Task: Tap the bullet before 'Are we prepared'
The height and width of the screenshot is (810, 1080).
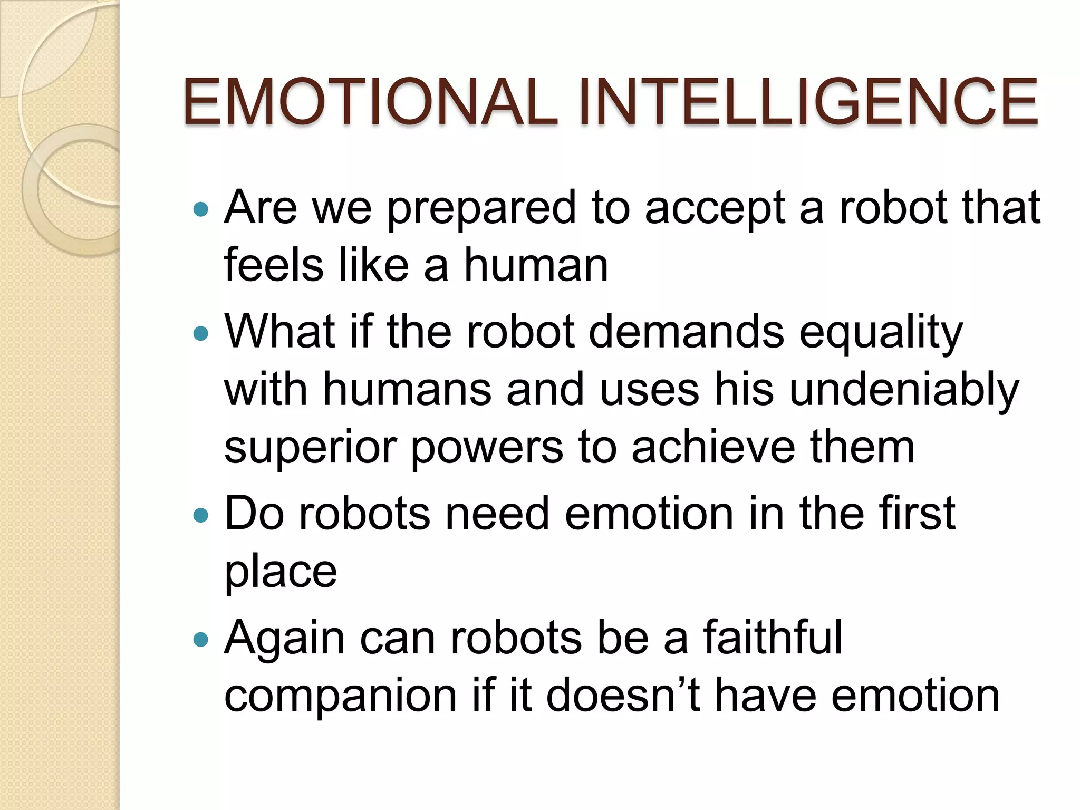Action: (201, 210)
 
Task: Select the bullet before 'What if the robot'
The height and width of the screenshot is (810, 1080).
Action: (201, 333)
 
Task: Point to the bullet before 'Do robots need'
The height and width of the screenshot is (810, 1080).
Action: (201, 515)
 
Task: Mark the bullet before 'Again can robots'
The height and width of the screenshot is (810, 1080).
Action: (201, 639)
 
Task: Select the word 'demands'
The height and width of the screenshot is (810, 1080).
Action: (686, 332)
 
